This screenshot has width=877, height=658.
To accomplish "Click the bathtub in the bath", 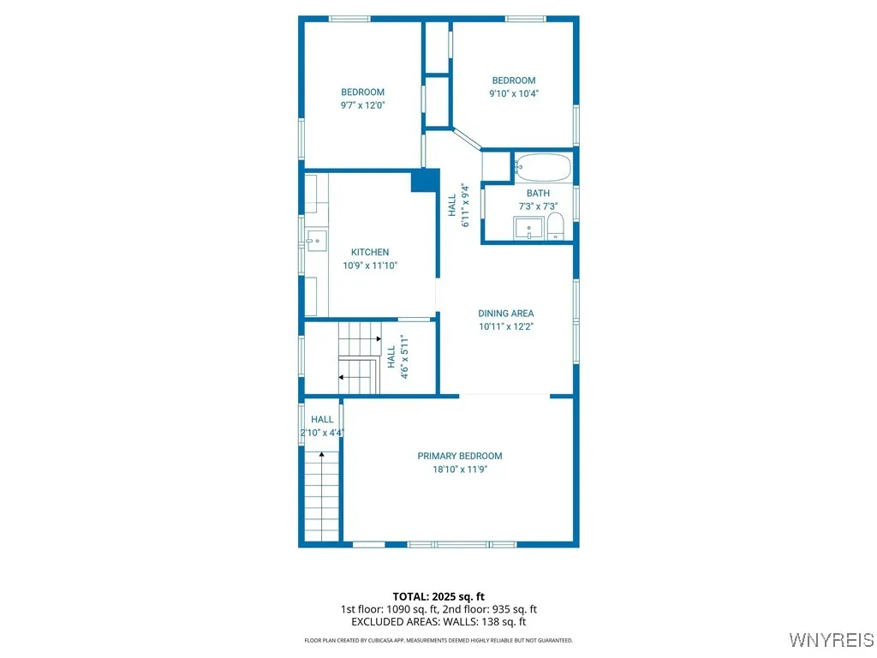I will coord(543,167).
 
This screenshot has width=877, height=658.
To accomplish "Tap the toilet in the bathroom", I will coord(555,227).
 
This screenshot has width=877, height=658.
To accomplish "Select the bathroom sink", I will coord(528,229).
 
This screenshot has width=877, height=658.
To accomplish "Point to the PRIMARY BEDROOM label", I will coord(460,456).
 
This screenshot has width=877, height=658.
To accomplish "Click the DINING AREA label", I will coord(505,314).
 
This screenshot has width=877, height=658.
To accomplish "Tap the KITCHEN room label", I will coord(370,252).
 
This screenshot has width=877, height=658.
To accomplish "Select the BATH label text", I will coord(538,194).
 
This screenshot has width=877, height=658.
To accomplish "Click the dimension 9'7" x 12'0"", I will coord(363,105).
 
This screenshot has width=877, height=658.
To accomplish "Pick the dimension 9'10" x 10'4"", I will coord(514,94).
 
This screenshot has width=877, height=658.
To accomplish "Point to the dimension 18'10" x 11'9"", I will coord(460,470).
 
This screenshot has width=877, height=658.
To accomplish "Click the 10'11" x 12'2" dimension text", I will coord(505,326).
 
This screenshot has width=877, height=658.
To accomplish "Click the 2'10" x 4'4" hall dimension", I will coord(322,433).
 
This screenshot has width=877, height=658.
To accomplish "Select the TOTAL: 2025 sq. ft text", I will coord(438,596).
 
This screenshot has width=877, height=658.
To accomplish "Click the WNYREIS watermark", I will coord(830,639).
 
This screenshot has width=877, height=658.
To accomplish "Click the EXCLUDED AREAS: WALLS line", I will coord(438,622).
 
